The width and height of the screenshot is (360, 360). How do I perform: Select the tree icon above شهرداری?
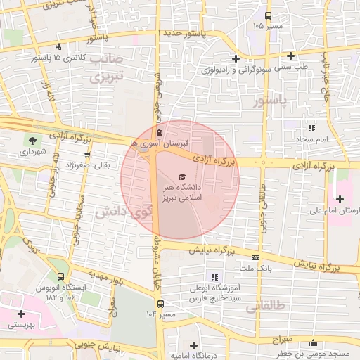tap(32, 140)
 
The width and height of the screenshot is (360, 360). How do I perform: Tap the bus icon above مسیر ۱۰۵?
tap(267, 15)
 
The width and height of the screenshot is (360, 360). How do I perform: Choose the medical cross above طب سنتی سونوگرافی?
tap(235, 58)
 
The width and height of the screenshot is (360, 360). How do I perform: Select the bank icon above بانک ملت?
tap(255, 257)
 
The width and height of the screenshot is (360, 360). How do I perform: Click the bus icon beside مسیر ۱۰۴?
tap(161, 304)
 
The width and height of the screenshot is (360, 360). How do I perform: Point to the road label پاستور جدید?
tap(183, 34)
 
